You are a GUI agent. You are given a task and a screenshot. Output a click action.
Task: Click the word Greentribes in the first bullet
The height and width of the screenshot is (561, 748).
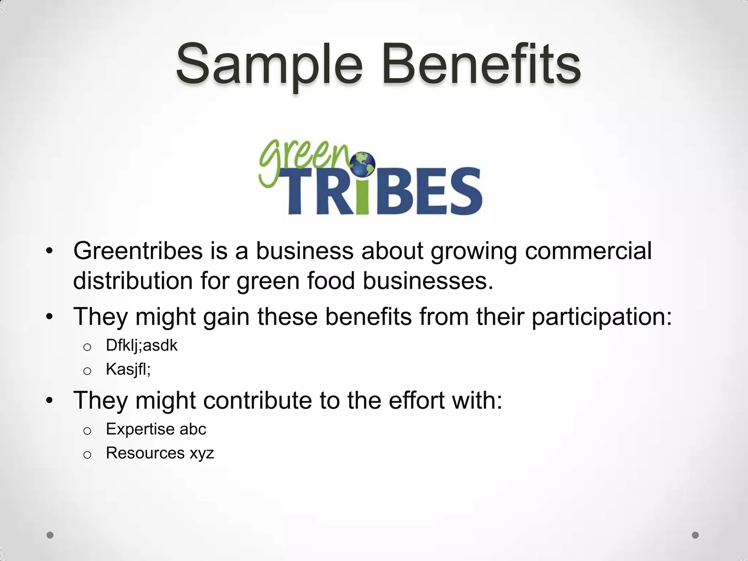138,251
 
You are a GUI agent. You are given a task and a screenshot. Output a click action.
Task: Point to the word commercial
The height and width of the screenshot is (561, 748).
588,251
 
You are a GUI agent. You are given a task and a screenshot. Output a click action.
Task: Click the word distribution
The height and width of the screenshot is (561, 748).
133,281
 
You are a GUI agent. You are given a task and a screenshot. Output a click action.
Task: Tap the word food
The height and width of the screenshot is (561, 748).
331,281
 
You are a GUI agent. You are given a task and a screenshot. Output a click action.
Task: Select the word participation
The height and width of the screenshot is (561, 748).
601,317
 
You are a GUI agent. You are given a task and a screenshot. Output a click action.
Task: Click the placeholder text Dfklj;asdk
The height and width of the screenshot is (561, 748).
141,346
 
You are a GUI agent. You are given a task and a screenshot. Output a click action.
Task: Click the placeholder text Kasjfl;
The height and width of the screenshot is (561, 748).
128,369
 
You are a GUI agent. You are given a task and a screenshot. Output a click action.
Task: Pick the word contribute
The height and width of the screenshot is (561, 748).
257,400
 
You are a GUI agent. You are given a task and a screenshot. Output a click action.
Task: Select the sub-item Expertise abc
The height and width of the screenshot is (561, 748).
156,429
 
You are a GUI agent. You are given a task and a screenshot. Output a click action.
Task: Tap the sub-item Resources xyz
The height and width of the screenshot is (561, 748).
160,453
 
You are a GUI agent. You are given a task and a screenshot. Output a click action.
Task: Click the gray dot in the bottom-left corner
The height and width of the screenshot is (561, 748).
50,535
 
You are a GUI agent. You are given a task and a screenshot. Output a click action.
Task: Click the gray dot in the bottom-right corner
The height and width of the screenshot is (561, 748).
695,535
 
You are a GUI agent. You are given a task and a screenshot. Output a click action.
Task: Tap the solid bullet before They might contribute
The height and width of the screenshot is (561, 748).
50,401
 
